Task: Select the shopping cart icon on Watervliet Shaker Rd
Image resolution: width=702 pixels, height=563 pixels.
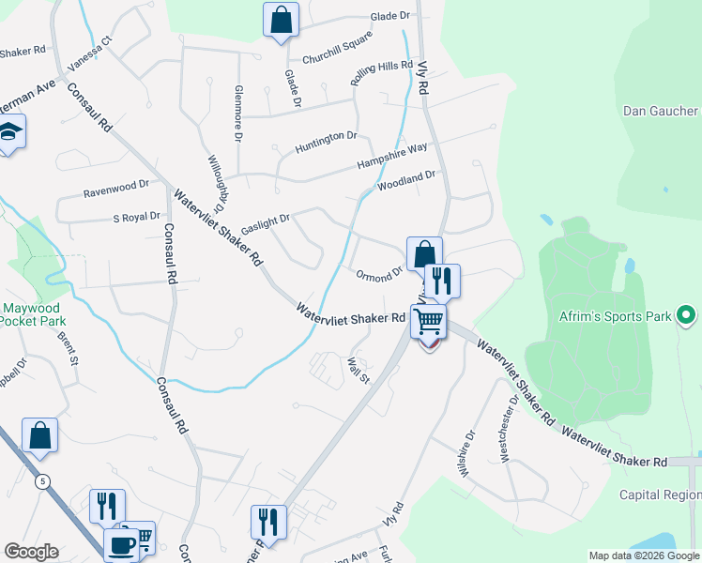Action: click(428, 322)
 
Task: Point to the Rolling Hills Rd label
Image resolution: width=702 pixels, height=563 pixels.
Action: click(382, 75)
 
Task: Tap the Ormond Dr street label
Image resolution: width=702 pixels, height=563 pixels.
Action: click(379, 274)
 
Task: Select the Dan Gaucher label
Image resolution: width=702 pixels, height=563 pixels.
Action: click(662, 111)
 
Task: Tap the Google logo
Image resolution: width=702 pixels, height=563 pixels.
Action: click(31, 551)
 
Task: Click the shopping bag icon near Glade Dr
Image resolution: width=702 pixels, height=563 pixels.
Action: click(281, 20)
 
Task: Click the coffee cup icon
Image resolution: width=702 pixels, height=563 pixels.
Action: click(120, 544)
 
